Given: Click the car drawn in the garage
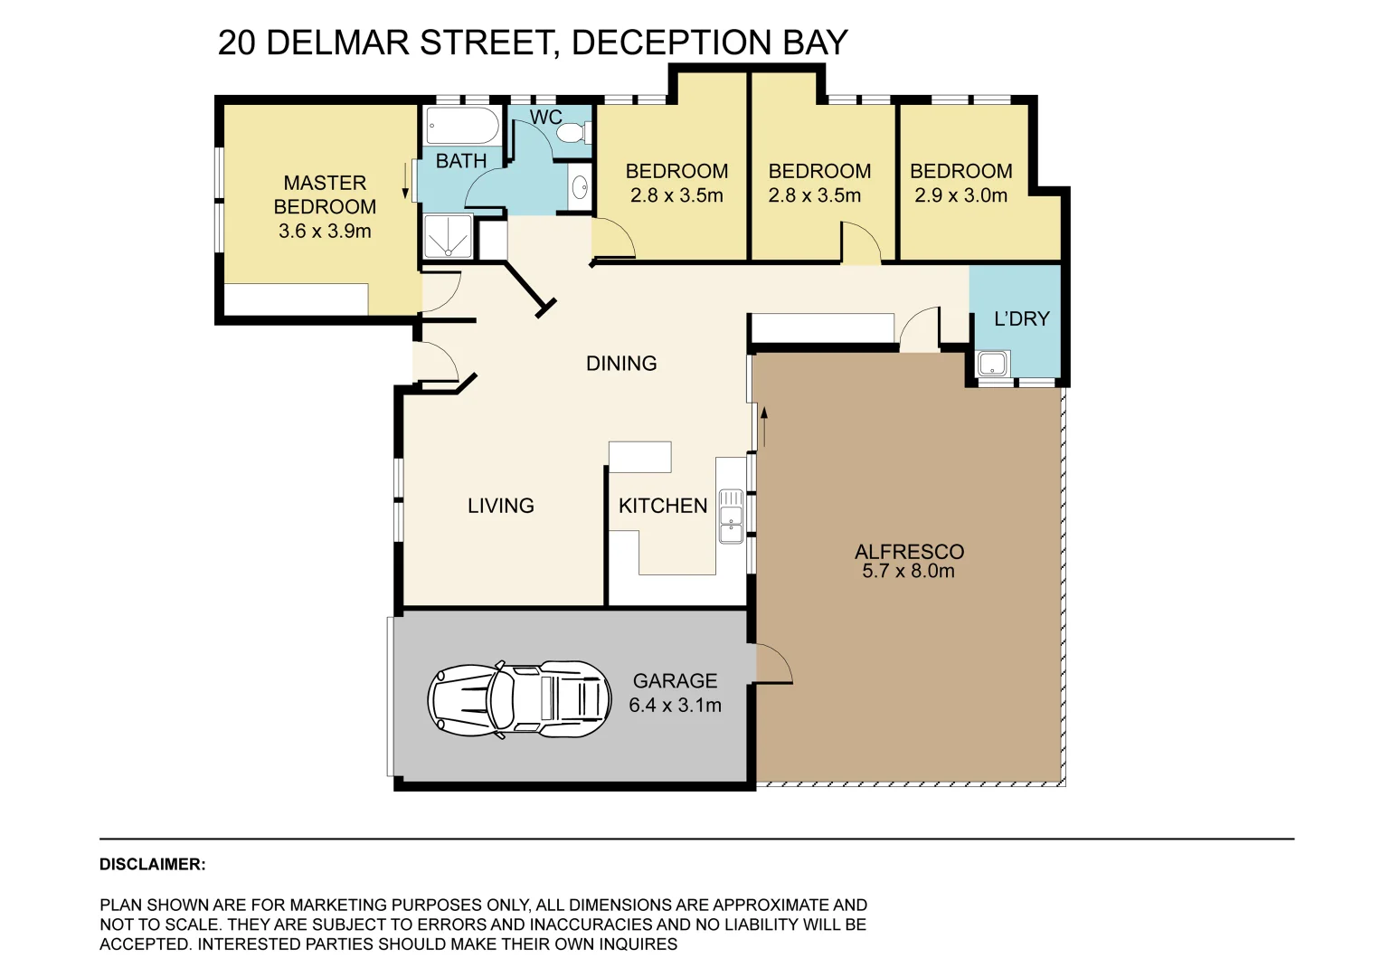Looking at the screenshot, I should click(519, 699).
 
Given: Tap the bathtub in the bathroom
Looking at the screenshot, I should click(461, 127).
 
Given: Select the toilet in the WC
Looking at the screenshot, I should click(572, 134).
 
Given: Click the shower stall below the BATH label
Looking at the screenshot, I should click(448, 236).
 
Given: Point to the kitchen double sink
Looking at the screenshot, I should click(730, 516).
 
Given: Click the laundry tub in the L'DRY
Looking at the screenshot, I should click(993, 365).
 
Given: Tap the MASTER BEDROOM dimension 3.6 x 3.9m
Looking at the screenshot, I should click(325, 231).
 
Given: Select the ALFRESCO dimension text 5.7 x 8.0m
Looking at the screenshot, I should click(908, 571).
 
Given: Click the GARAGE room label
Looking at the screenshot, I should click(675, 680).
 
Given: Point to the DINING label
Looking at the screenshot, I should click(621, 364).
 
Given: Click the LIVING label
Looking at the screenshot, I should click(500, 506).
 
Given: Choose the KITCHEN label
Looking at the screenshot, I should click(662, 506).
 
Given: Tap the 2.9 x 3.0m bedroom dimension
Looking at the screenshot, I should click(960, 195).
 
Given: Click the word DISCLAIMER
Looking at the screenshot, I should click(152, 864).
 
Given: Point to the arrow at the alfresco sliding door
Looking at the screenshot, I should click(764, 426).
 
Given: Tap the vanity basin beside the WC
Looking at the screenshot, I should click(579, 188).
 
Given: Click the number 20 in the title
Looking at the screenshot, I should click(237, 43).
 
